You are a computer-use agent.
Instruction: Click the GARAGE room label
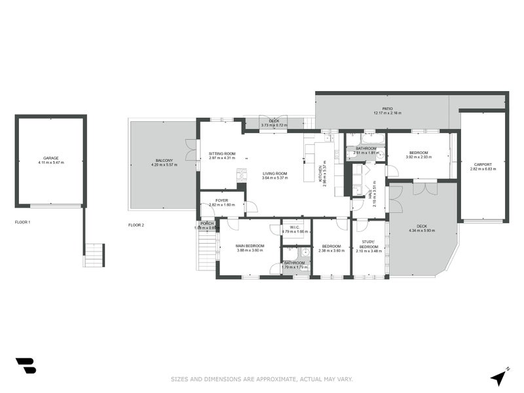(50, 158)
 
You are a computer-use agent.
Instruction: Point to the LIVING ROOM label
(275, 173)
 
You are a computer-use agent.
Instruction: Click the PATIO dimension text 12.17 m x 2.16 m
(387, 113)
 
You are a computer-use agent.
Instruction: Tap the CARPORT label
(483, 164)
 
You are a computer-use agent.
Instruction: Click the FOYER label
(221, 200)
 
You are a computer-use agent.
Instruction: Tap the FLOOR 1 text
(23, 223)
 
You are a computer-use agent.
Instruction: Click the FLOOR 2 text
(136, 225)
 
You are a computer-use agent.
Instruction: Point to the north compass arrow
(500, 377)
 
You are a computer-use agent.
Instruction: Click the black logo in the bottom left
(26, 366)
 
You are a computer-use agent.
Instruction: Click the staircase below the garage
(94, 255)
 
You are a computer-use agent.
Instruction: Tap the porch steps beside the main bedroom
(208, 249)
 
